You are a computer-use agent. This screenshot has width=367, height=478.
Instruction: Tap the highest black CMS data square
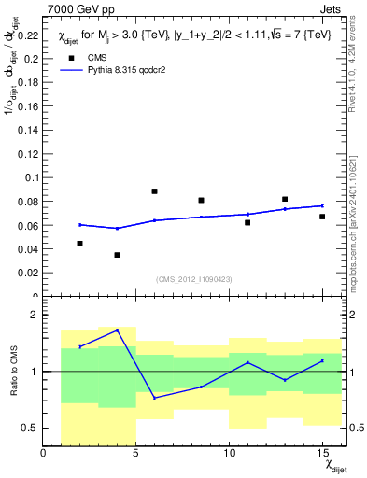click(154, 191)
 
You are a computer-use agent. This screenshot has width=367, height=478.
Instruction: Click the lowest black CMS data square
click(117, 255)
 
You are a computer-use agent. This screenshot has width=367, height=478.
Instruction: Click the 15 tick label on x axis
click(321, 455)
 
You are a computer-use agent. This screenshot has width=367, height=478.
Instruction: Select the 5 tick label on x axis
click(136, 455)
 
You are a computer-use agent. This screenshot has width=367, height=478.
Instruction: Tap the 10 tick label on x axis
click(229, 455)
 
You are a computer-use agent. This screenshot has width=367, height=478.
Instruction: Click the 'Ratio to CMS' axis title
click(12, 372)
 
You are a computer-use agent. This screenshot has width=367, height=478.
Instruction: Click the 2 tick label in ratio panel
click(35, 316)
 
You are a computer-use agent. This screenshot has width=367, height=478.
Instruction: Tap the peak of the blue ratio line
click(117, 330)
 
